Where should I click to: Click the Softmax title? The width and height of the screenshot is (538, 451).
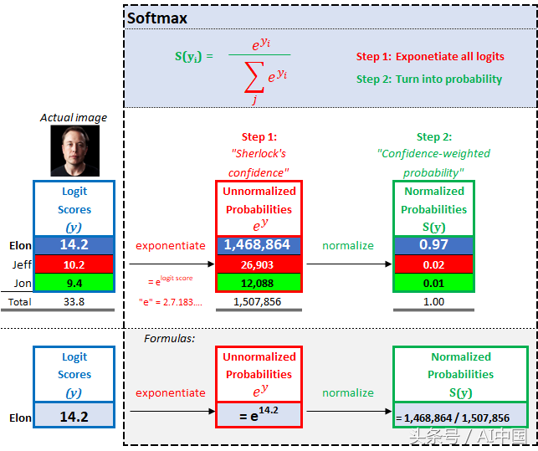(x=157, y=18)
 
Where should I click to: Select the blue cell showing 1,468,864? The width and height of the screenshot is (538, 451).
(x=259, y=245)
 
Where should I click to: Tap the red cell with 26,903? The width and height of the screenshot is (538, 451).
(x=259, y=264)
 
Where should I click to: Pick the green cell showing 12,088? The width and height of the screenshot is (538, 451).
(x=259, y=283)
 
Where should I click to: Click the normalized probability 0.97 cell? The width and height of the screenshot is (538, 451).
(x=433, y=245)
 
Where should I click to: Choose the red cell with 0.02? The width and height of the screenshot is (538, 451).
(x=433, y=264)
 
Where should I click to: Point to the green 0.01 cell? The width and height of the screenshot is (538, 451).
(x=433, y=283)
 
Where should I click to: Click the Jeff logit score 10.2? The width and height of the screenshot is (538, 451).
(x=74, y=264)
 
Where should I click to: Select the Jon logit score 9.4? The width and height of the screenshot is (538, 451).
(x=74, y=283)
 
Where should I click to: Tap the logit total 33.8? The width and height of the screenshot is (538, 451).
(x=74, y=302)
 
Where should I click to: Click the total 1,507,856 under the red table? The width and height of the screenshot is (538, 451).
(x=258, y=302)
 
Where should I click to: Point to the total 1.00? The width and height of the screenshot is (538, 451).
(x=433, y=302)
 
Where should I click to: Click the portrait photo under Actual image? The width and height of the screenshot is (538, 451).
(x=75, y=151)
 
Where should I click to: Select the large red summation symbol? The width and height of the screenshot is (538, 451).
(x=254, y=77)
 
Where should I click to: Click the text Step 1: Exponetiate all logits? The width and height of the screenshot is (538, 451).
(x=430, y=56)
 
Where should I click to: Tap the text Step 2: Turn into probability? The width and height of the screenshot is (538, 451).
(x=429, y=79)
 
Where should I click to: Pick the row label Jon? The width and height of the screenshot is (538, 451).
(x=23, y=283)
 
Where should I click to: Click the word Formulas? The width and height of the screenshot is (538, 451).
(x=170, y=339)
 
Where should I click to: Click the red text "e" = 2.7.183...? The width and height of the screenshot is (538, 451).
(x=171, y=302)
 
